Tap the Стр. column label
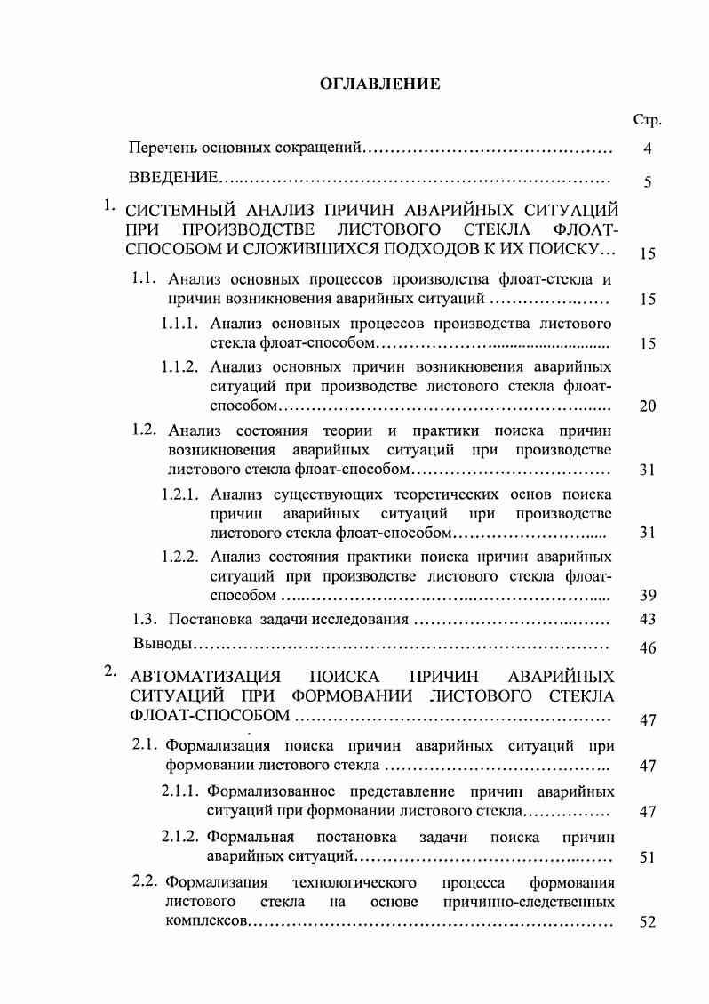pos(649,120)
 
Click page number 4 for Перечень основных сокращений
pos(648,149)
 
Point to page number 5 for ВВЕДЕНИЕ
pos(648,182)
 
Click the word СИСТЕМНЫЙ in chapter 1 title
pos(182,212)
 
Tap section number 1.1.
pos(144,278)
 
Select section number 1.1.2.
pos(179,366)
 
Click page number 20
pos(648,407)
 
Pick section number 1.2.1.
pos(179,494)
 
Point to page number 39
pos(648,596)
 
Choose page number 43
pos(648,619)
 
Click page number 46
pos(648,648)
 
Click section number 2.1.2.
pos(179,837)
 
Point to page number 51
pos(648,858)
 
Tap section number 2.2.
pos(144,882)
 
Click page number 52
pos(648,923)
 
